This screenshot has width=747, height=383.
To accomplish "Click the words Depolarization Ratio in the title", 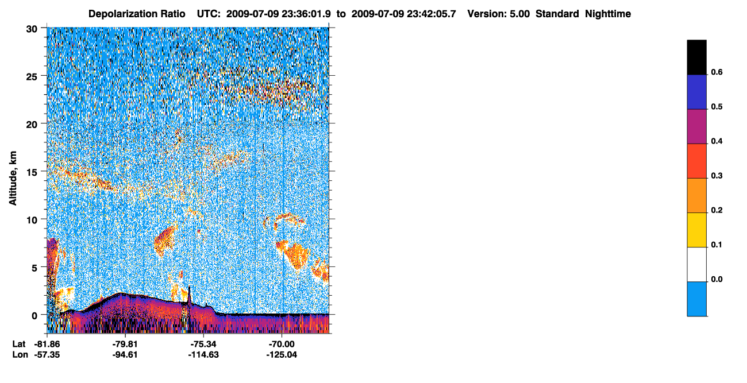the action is pos(137,14).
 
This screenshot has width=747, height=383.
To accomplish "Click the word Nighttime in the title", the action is pos(608,14).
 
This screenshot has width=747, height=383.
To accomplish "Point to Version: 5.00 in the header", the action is pos(499,14).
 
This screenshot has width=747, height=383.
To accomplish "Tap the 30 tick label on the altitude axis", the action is pos(32,29).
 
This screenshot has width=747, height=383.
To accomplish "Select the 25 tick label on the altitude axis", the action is pos(32,77).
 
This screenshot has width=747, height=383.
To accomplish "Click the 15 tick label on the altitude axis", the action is pos(32,172).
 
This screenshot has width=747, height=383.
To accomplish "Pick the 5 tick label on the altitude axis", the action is pos(34,268).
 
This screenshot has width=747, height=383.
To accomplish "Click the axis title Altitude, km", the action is pos(13,178).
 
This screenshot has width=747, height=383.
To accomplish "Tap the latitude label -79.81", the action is pos(125,344).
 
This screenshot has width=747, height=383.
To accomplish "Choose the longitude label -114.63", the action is pos(203,355).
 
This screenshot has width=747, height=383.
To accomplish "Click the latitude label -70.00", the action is pos(282,344).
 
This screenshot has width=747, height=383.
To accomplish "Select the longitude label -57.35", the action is pos(47,355).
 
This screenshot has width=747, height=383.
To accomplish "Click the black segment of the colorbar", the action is pos(696,57).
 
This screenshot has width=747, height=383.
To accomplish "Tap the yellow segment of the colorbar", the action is pos(696,230).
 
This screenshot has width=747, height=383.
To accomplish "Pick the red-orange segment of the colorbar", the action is pos(696,161).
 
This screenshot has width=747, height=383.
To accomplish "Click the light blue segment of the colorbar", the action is pos(696,299).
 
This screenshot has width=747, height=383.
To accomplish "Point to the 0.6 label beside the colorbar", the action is pos(717,72).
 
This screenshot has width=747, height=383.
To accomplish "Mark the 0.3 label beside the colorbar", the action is pos(717,176).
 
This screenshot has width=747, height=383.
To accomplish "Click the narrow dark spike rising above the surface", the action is pos(189,295).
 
